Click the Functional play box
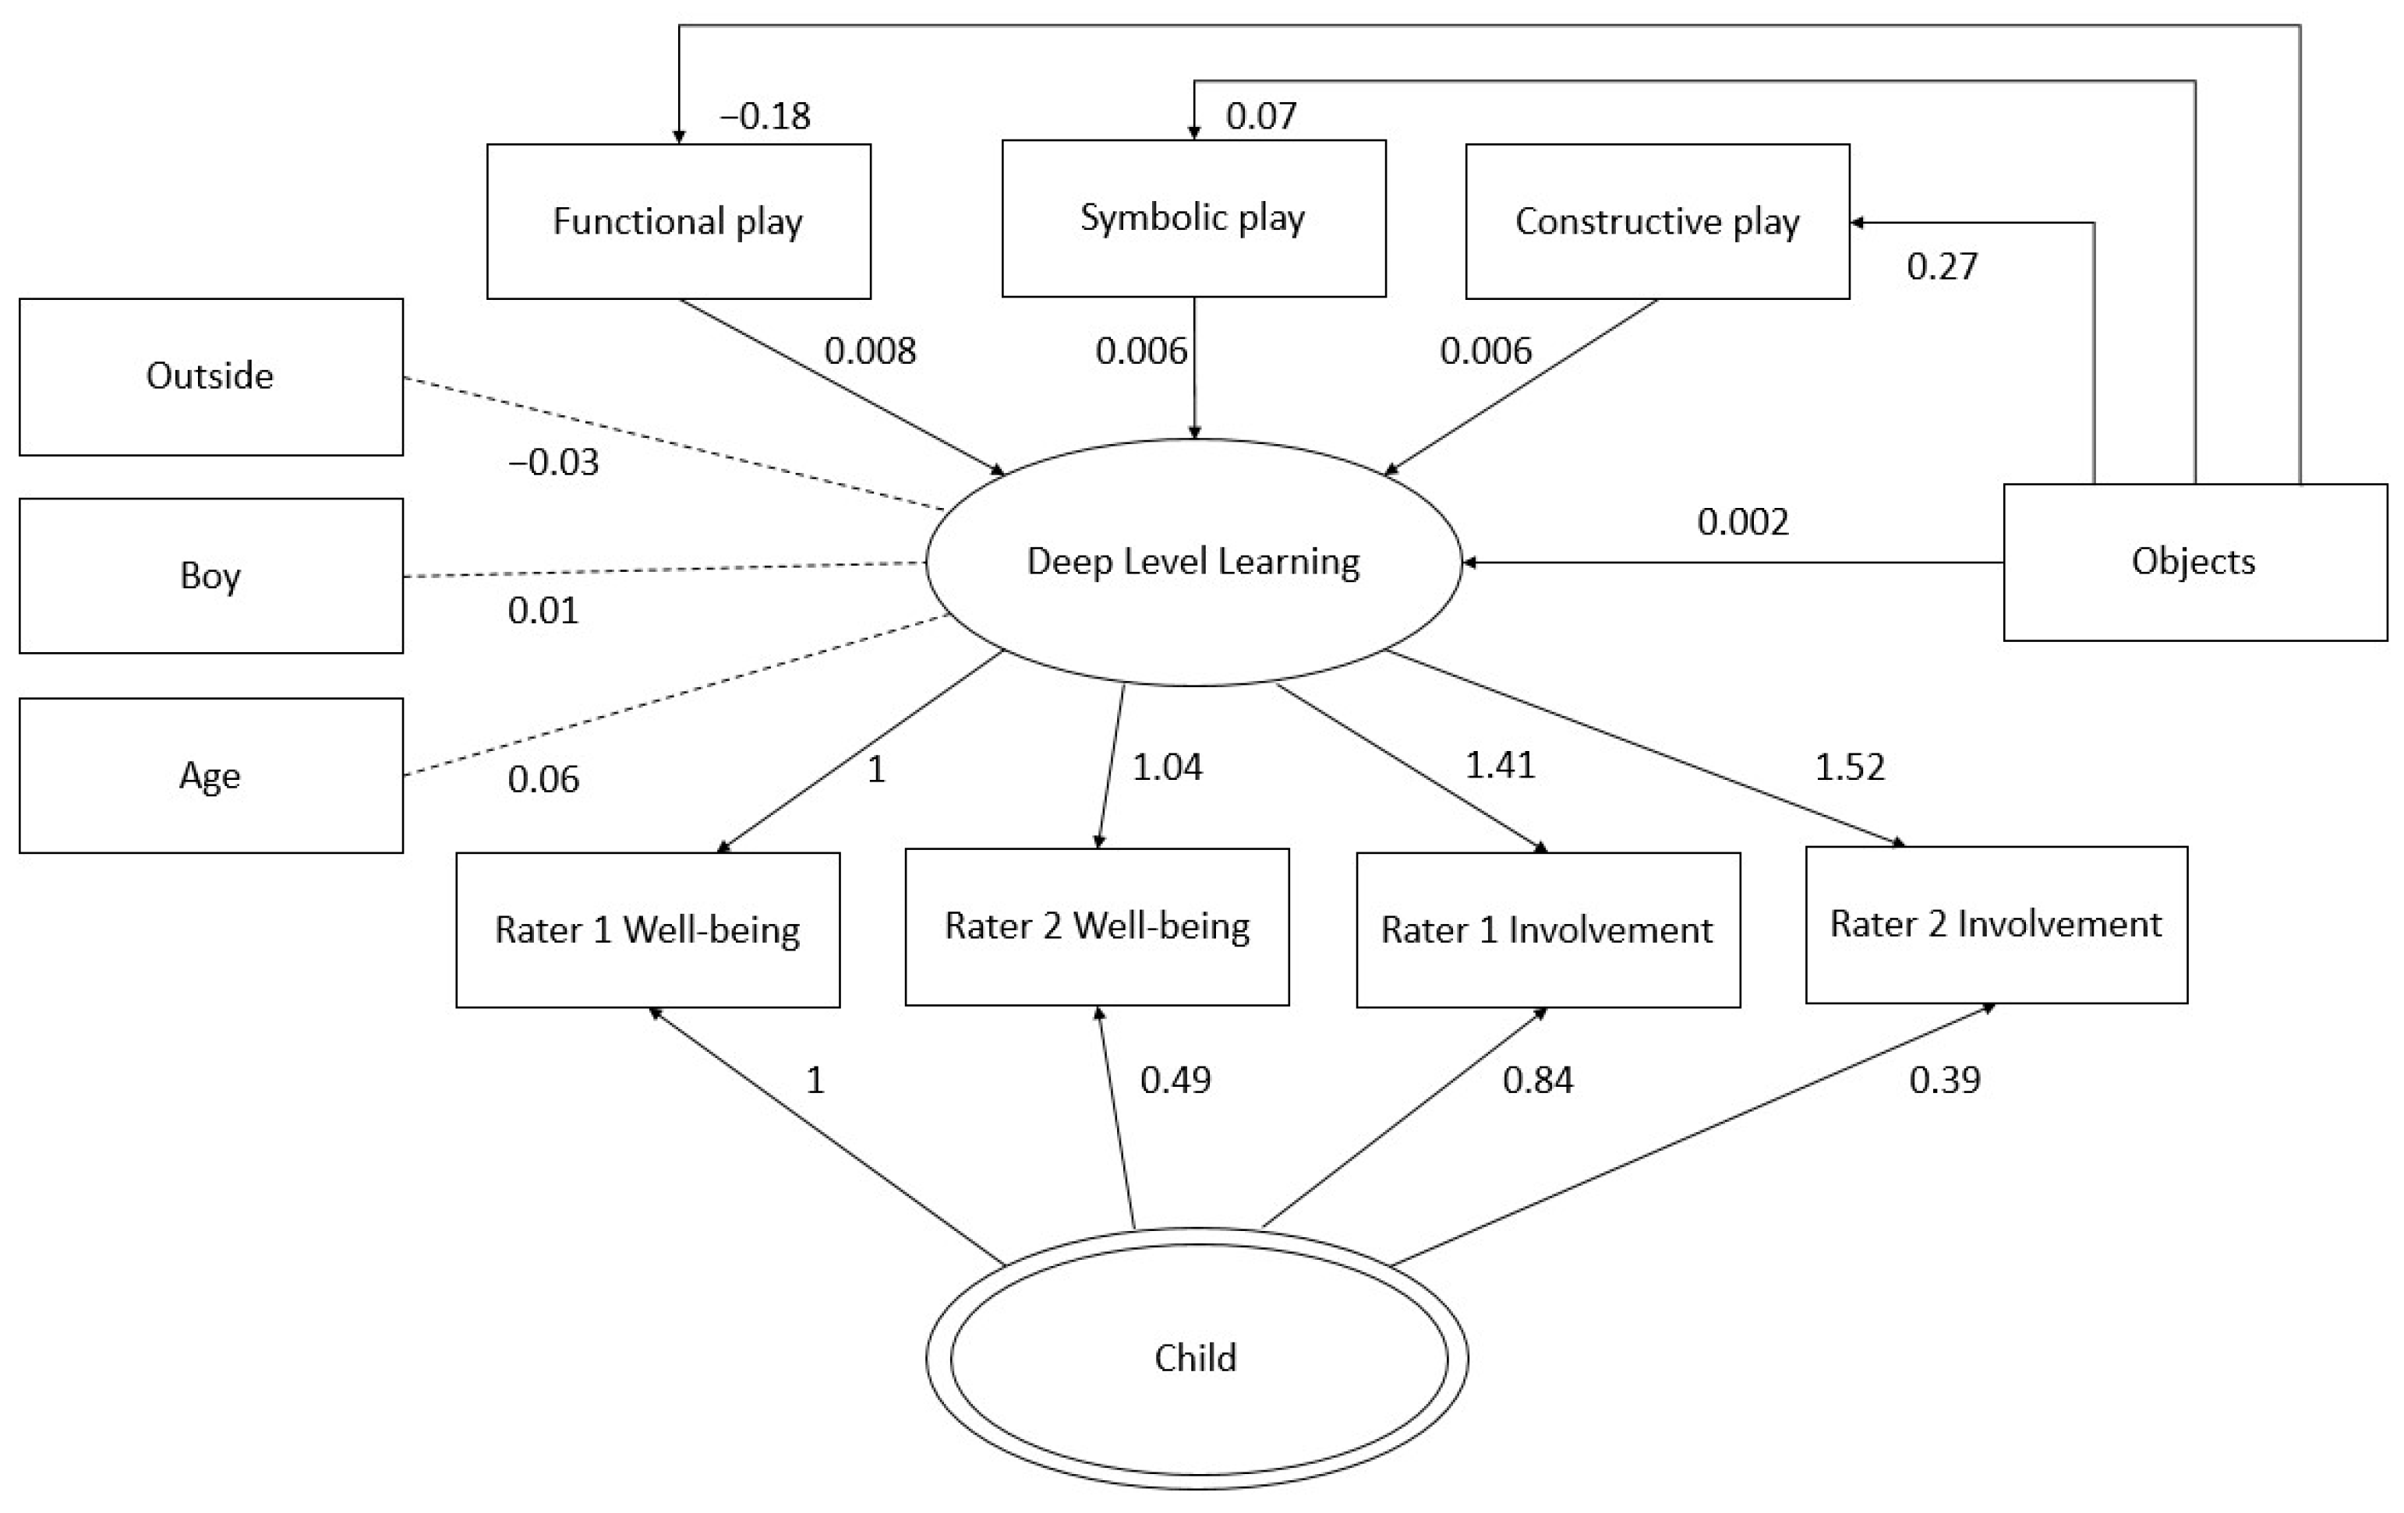click(x=678, y=221)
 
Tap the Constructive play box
click(x=1656, y=221)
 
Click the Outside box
click(x=210, y=376)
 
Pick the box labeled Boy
click(x=210, y=576)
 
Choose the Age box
click(x=210, y=775)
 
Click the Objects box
click(x=2194, y=562)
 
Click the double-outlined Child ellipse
click(x=1196, y=1358)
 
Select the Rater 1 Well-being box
click(x=648, y=930)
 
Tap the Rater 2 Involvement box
click(x=1996, y=924)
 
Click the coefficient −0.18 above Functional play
click(x=765, y=117)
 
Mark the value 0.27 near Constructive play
click(x=1942, y=266)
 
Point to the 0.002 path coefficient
click(x=1743, y=522)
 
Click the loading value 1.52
click(x=1849, y=767)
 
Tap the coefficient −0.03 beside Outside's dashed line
click(x=554, y=462)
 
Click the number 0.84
click(x=1537, y=1080)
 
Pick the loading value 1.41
click(x=1500, y=766)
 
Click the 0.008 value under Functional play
click(x=870, y=351)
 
